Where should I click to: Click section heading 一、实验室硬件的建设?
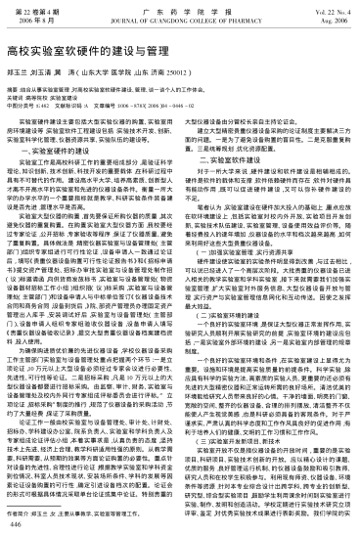click(x=69, y=125)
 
